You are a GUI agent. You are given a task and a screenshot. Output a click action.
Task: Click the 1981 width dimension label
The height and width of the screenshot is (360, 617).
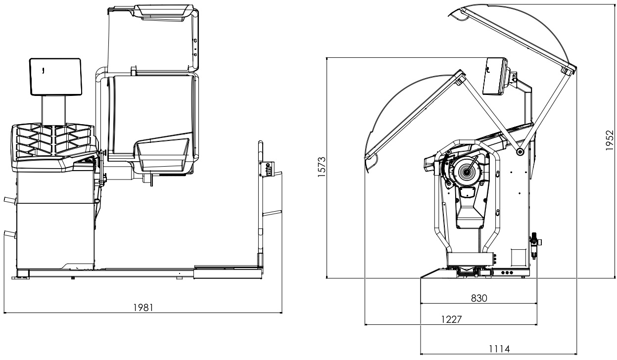(143, 307)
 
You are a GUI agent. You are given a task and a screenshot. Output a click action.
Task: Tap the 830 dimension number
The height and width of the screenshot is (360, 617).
(478, 298)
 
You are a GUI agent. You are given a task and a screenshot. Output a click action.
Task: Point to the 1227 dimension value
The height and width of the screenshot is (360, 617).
(451, 319)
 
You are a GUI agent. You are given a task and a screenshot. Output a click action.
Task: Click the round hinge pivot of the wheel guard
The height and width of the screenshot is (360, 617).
(520, 152)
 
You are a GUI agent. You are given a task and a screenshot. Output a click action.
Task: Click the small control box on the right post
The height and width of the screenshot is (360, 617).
(269, 169)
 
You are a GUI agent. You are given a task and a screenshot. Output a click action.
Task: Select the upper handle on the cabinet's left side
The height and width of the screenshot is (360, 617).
(10, 200)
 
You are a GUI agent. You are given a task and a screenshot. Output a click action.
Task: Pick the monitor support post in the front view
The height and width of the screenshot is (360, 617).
(53, 109)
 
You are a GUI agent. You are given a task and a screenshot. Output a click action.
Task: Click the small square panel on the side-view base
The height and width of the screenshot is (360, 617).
(517, 257)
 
